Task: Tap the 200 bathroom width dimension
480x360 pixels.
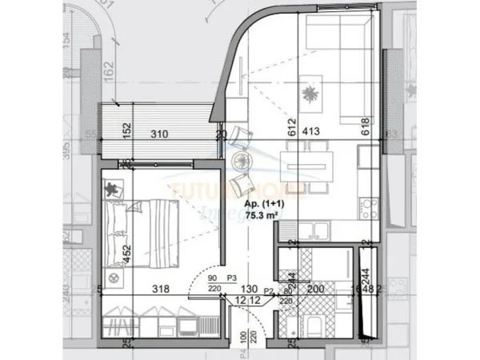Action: (x=318, y=288)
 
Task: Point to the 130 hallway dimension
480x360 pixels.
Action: (x=249, y=288)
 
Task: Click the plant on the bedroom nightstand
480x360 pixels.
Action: (x=112, y=189)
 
